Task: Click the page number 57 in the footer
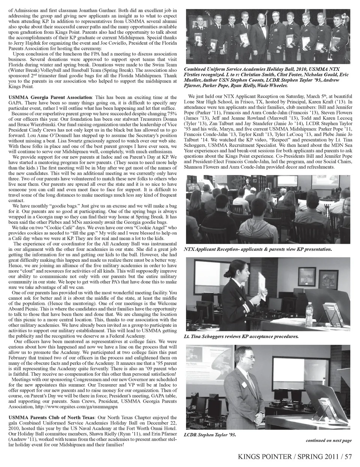pyautogui.click(x=349, y=457)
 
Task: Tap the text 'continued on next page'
pyautogui.click(x=328, y=440)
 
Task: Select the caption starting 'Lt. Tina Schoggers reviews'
pyautogui.click(x=241, y=337)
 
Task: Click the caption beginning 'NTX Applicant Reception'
pyautogui.click(x=258, y=249)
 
